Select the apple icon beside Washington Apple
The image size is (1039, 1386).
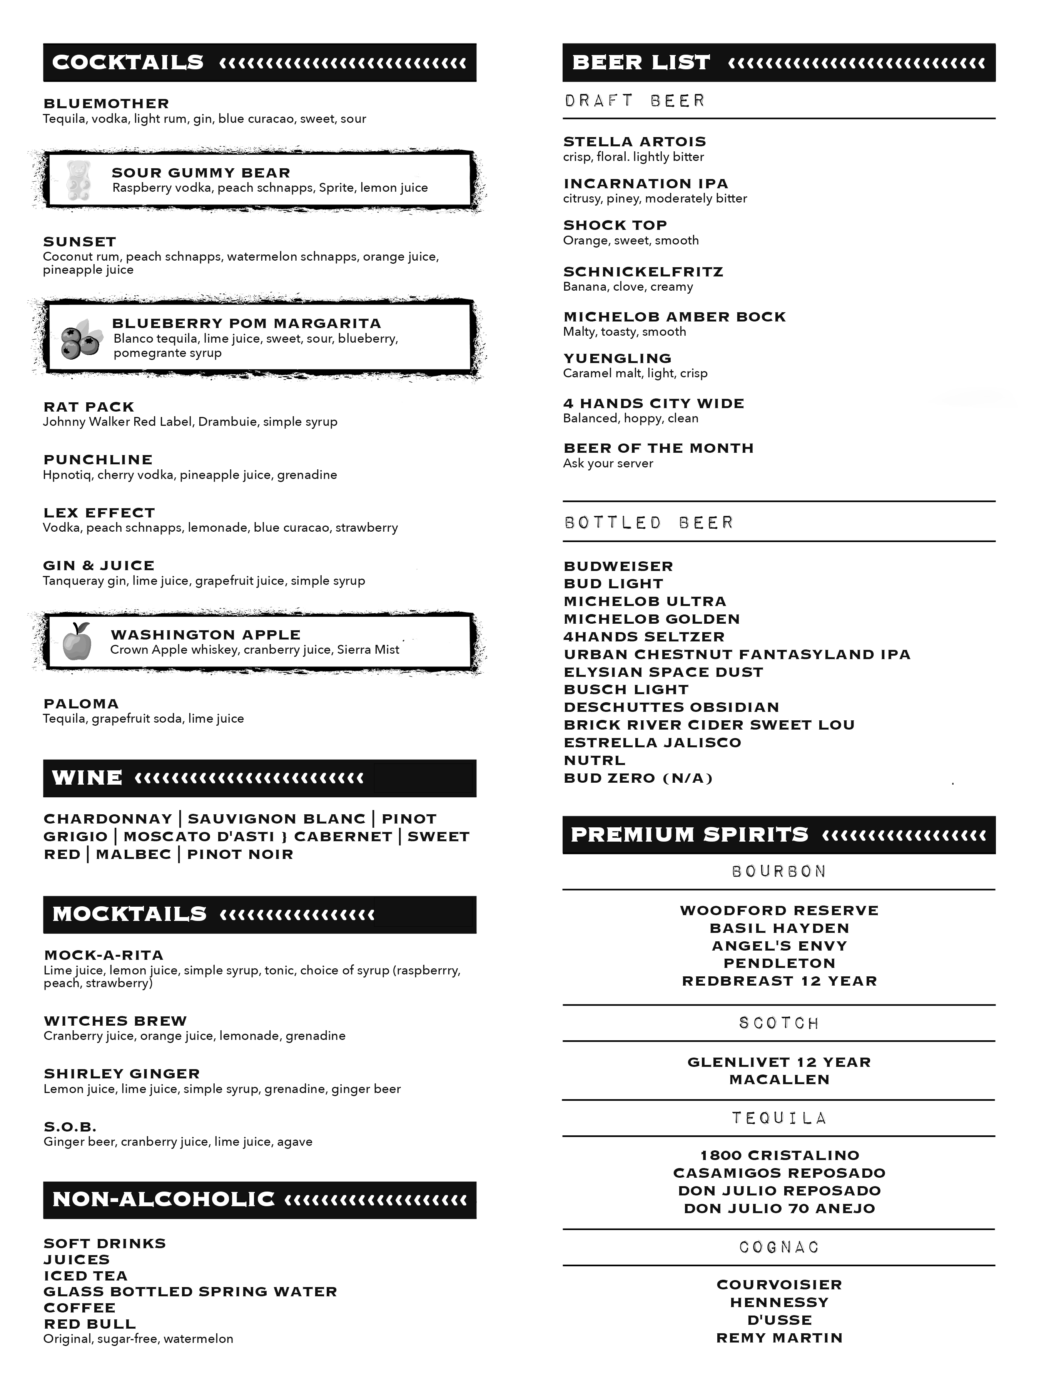pyautogui.click(x=77, y=642)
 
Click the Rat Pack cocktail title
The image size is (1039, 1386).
pyautogui.click(x=89, y=407)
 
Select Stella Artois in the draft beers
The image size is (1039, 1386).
pyautogui.click(x=635, y=142)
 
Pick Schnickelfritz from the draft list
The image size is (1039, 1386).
pyautogui.click(x=643, y=272)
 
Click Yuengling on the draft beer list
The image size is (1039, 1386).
pyautogui.click(x=618, y=358)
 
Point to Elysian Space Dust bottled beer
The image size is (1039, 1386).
pyautogui.click(x=663, y=672)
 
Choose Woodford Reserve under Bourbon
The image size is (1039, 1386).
pyautogui.click(x=779, y=911)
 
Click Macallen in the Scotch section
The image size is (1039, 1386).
pyautogui.click(x=779, y=1080)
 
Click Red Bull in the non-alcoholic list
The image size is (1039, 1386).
pyautogui.click(x=90, y=1324)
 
